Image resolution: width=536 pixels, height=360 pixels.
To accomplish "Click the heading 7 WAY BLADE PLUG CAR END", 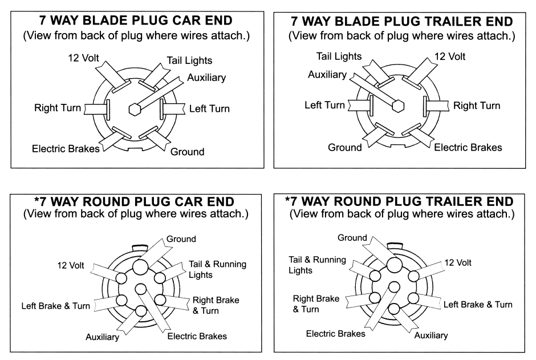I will pyautogui.click(x=135, y=21).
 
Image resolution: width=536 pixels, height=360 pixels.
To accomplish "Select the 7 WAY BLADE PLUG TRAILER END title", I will pyautogui.click(x=401, y=21).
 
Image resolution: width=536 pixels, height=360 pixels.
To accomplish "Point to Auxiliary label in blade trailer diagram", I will pyautogui.click(x=327, y=75).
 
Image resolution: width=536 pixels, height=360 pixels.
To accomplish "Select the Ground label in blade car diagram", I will pyautogui.click(x=188, y=152).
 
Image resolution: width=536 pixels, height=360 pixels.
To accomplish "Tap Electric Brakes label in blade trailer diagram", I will pyautogui.click(x=468, y=147).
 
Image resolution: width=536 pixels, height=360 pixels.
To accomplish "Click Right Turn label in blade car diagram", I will pyautogui.click(x=58, y=107).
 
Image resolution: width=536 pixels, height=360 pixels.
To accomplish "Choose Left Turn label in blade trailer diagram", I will pyautogui.click(x=324, y=105).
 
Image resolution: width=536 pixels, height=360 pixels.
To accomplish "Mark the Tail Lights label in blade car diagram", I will pyautogui.click(x=189, y=60).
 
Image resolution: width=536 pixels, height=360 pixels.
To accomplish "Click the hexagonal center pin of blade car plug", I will pyautogui.click(x=135, y=107).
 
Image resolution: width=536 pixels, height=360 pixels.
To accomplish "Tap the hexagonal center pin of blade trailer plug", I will pyautogui.click(x=399, y=105).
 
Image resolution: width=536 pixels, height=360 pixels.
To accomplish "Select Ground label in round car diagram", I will pyautogui.click(x=181, y=239).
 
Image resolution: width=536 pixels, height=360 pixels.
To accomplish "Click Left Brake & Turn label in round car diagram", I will pyautogui.click(x=56, y=306).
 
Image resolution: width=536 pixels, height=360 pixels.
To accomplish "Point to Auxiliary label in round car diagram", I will pyautogui.click(x=103, y=337).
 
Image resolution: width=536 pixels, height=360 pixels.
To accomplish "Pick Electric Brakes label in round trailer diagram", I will pyautogui.click(x=336, y=333).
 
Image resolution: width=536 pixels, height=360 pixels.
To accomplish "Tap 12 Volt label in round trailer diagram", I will pyautogui.click(x=457, y=263).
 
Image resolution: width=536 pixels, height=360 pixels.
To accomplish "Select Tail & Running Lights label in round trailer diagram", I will pyautogui.click(x=317, y=265).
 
